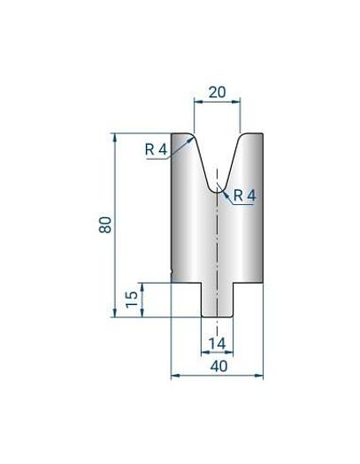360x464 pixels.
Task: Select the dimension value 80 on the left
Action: [106, 224]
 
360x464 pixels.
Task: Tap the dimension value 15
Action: [132, 299]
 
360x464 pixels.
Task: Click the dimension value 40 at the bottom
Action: [217, 365]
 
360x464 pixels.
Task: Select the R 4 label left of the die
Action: [156, 149]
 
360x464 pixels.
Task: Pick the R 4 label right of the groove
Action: [244, 196]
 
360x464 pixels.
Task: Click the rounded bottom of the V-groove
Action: [217, 188]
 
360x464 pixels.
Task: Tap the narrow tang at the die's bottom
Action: [217, 300]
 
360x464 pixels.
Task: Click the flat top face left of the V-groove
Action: [181, 135]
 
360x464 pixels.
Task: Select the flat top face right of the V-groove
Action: [251, 135]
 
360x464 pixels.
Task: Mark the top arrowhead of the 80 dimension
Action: [116, 138]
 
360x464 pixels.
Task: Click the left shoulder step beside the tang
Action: [187, 283]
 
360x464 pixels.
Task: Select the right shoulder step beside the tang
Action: [247, 283]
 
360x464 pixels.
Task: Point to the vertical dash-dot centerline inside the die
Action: [217, 247]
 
